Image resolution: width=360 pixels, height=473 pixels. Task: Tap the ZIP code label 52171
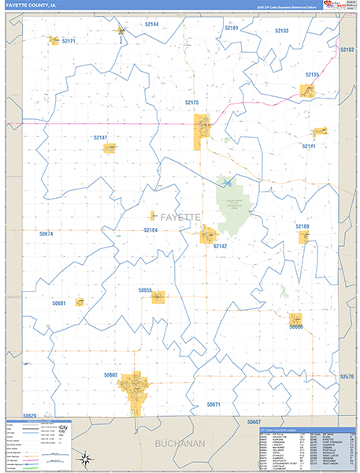(69, 41)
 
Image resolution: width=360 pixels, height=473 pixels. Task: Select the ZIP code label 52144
(151, 24)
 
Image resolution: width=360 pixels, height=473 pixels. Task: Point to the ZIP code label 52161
(232, 28)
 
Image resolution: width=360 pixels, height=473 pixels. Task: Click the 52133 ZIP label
(281, 31)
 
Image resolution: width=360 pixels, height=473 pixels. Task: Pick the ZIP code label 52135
(311, 75)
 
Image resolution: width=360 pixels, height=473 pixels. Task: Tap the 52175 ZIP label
(192, 102)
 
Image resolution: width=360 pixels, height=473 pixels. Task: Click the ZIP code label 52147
(100, 138)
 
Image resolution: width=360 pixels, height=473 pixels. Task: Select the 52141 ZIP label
(308, 147)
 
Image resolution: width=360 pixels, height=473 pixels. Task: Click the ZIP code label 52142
(220, 246)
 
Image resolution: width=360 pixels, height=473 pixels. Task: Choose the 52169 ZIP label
(302, 226)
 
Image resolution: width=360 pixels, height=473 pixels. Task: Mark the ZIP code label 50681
(59, 303)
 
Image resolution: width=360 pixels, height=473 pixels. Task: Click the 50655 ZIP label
(145, 290)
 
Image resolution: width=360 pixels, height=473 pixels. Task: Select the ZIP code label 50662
(110, 375)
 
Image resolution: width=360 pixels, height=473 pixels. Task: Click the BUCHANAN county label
(180, 444)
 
